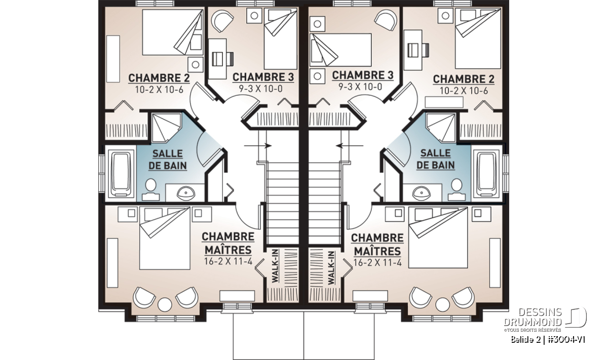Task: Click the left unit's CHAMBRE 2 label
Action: click(x=159, y=78)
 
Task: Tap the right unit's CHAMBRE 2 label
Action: click(x=464, y=79)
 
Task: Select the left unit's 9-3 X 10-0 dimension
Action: click(x=260, y=89)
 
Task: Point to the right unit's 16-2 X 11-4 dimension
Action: click(x=377, y=263)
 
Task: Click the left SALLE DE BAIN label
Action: click(x=168, y=159)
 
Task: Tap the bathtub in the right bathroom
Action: click(x=487, y=174)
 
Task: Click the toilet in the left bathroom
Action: click(x=150, y=189)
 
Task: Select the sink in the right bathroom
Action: click(x=421, y=193)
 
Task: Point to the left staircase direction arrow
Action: click(x=257, y=146)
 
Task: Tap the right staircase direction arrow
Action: click(x=350, y=146)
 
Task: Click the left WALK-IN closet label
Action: click(x=275, y=266)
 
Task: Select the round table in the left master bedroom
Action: click(x=165, y=304)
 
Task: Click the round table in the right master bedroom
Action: click(x=443, y=304)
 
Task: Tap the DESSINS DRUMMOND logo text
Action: click(x=533, y=317)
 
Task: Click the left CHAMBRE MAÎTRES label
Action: click(x=228, y=244)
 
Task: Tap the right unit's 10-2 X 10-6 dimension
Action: click(x=464, y=91)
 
